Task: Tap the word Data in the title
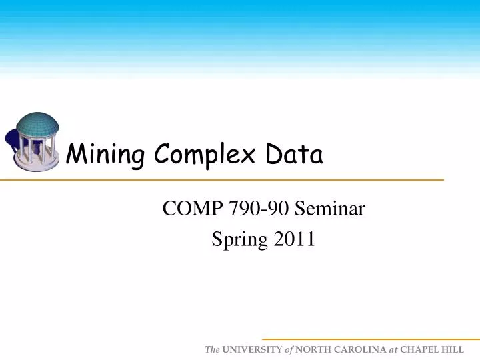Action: (x=294, y=155)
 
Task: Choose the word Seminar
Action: (x=330, y=210)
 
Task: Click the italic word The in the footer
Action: (x=212, y=349)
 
